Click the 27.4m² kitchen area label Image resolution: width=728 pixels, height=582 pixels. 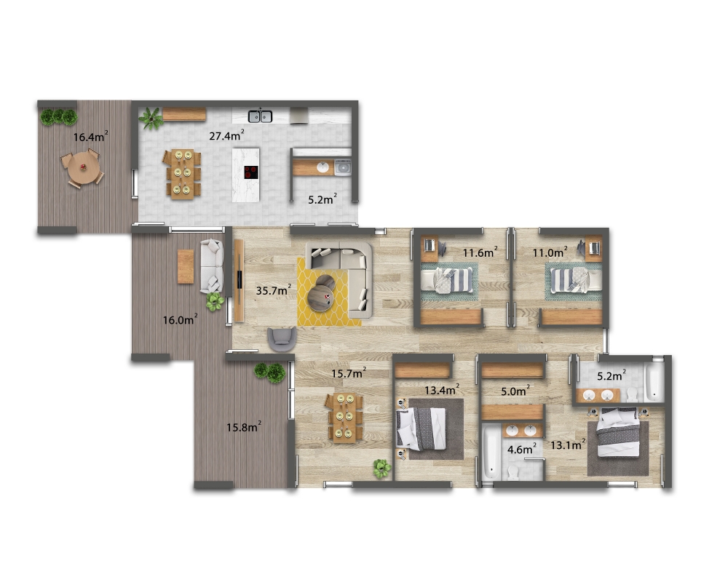226,135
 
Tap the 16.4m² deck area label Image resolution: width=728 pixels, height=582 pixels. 90,137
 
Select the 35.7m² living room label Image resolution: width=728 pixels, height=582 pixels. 274,290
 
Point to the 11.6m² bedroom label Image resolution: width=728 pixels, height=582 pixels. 480,252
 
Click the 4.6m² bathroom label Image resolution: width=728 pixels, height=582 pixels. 522,450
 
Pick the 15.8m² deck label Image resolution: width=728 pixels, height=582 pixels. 244,427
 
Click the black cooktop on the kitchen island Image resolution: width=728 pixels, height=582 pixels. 251,172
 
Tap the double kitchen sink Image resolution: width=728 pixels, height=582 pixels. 260,116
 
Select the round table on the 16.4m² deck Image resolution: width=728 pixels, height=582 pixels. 84,168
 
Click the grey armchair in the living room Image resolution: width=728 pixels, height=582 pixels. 282,339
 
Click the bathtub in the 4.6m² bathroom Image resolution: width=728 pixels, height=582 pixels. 491,453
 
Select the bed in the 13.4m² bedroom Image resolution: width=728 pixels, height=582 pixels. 421,428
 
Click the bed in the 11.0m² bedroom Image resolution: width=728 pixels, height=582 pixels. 576,280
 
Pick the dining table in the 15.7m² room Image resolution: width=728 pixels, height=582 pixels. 345,418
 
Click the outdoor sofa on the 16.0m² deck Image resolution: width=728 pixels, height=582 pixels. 212,266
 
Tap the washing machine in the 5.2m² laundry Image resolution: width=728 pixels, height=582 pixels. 343,167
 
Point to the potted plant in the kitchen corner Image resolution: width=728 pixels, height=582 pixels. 151,119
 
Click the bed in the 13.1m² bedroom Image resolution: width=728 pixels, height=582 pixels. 618,433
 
